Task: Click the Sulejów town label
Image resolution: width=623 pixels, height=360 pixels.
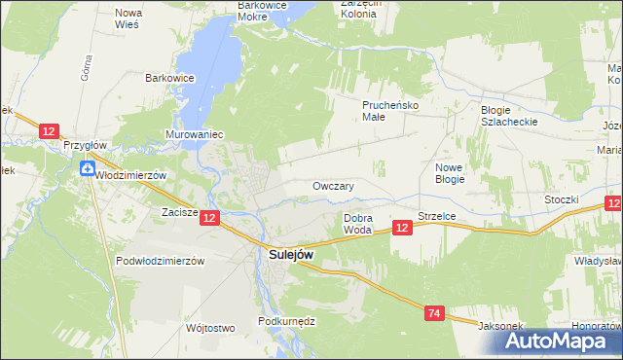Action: (x=290, y=255)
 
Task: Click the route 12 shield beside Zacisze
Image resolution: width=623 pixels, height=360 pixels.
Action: (x=210, y=219)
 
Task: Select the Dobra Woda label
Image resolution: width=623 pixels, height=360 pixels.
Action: (x=357, y=224)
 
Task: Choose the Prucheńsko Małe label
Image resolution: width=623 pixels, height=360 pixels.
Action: (x=388, y=110)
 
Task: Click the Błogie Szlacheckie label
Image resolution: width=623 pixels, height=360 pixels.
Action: (x=509, y=117)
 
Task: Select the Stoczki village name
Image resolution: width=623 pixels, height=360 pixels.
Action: (x=563, y=199)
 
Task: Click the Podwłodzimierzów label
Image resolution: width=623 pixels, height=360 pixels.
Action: (x=159, y=261)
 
